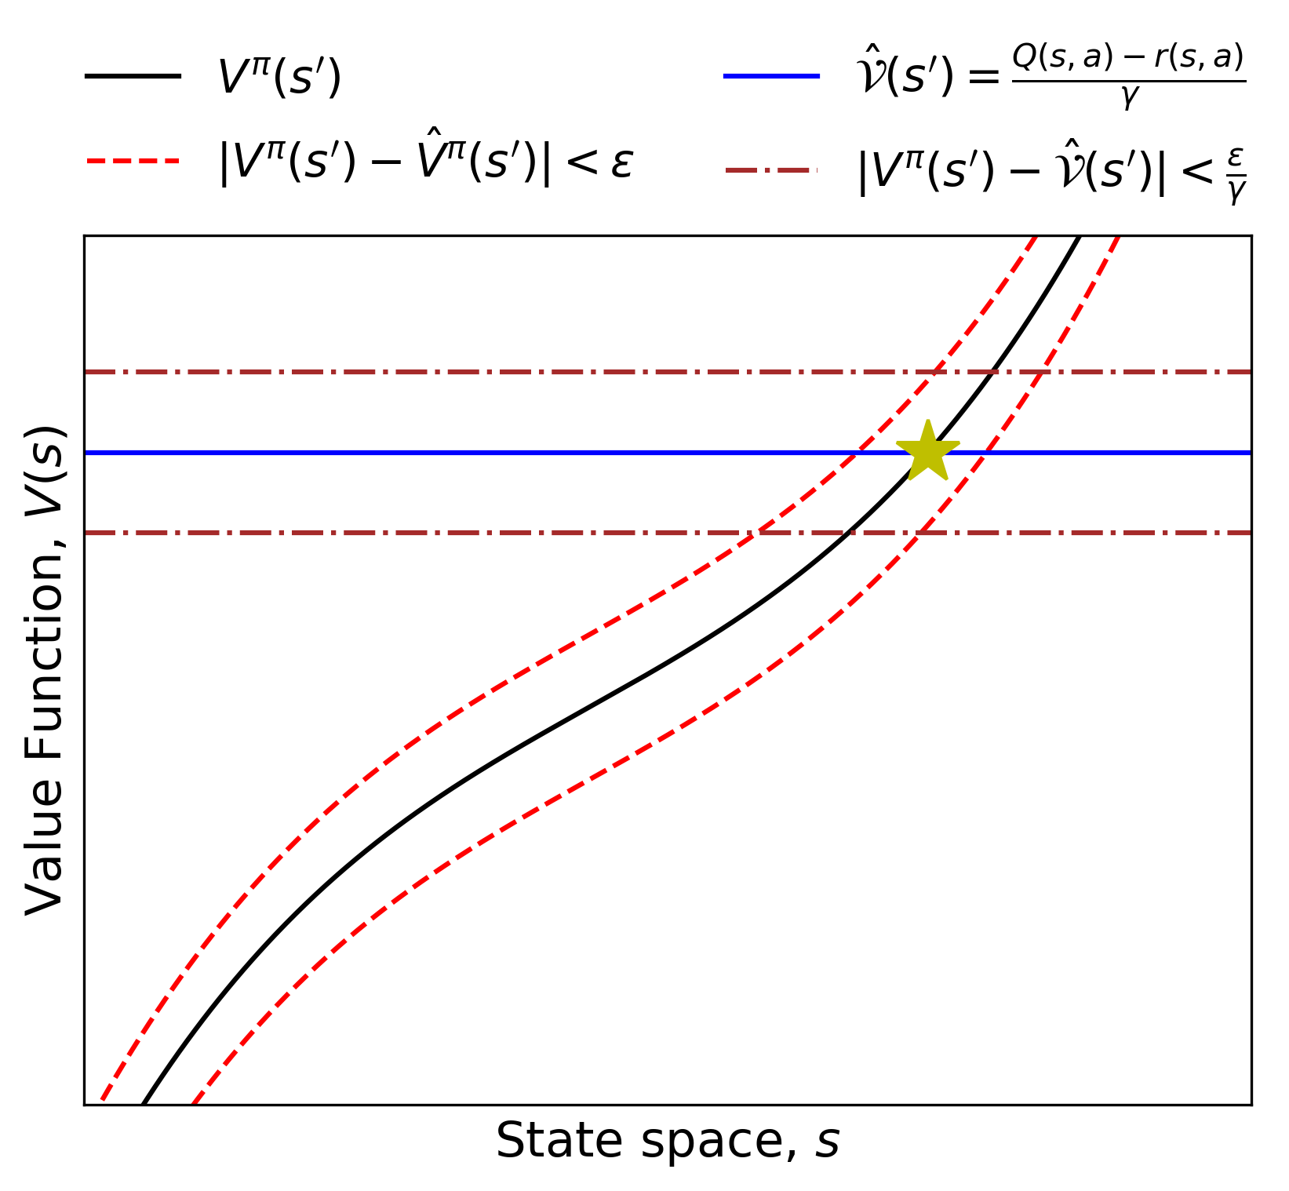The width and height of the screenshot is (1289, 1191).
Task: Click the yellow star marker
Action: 927,452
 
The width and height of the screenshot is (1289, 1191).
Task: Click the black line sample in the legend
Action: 133,76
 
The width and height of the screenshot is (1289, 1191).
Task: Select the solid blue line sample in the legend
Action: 771,76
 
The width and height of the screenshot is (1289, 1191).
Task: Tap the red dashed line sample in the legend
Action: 133,162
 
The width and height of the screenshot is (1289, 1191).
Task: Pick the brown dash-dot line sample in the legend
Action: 771,169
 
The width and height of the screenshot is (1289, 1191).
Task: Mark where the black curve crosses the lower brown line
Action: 850,533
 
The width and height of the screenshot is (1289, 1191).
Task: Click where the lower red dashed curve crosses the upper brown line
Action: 1042,372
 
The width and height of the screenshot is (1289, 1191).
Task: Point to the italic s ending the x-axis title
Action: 828,1142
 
